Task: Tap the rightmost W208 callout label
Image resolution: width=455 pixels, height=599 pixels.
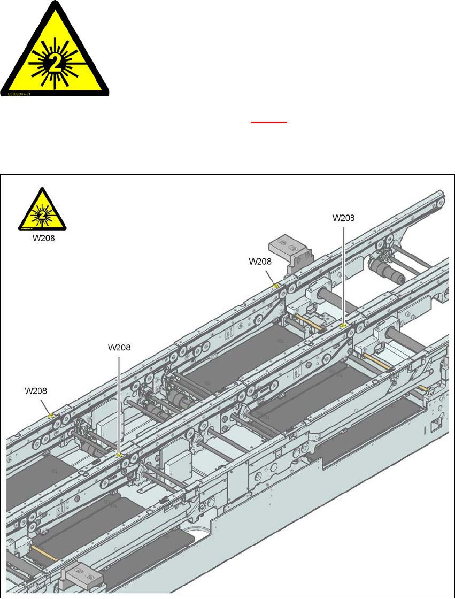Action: (344, 218)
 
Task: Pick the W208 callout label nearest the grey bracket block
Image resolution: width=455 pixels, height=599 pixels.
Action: (260, 262)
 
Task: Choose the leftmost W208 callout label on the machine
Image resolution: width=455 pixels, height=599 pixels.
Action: (37, 390)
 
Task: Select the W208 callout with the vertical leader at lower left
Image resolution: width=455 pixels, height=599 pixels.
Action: (119, 347)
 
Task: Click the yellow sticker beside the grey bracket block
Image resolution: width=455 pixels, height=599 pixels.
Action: (276, 286)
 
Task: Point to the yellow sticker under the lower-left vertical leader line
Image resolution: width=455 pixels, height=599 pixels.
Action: (119, 455)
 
